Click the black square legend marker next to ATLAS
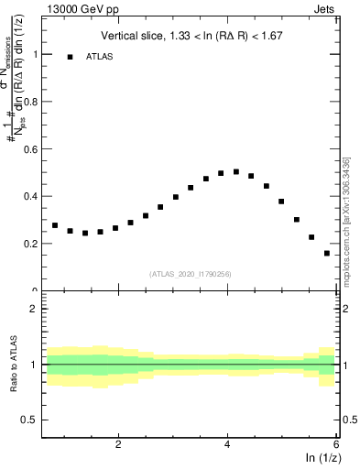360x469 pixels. [x=70, y=57]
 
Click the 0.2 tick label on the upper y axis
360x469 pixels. [x=29, y=244]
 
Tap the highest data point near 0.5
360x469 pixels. [x=235, y=171]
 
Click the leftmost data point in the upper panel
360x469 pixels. [x=55, y=225]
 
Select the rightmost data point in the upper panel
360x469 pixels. [x=326, y=253]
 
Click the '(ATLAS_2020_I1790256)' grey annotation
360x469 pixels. [x=191, y=274]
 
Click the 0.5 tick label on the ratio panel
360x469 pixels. [x=29, y=420]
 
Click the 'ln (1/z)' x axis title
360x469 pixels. [x=321, y=458]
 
